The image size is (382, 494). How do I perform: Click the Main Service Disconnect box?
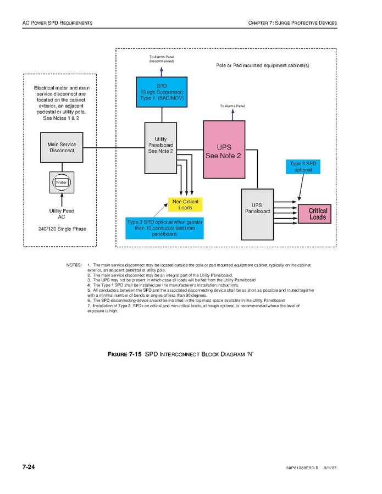click(x=62, y=147)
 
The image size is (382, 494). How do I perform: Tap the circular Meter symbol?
click(x=62, y=182)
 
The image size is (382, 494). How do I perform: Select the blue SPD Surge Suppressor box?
click(x=162, y=92)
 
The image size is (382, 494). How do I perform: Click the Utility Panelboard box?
click(x=160, y=147)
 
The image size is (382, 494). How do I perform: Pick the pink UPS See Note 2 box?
click(x=223, y=149)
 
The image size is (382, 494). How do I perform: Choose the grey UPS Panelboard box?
click(x=257, y=214)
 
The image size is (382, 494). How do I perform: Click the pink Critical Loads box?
click(x=317, y=214)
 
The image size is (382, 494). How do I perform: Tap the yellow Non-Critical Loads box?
click(x=185, y=204)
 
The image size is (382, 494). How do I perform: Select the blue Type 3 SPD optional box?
click(x=303, y=166)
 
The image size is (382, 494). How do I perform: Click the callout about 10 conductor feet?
click(x=164, y=227)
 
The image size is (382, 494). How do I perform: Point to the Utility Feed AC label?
click(x=62, y=214)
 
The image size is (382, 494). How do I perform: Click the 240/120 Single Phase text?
click(x=62, y=229)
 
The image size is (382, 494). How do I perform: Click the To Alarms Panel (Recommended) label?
click(x=162, y=59)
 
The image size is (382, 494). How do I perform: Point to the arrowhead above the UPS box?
click(x=232, y=111)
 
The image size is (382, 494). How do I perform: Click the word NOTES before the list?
click(x=74, y=265)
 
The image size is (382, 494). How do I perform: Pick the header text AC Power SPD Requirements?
click(x=57, y=23)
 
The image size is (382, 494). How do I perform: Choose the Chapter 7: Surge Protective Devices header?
click(x=292, y=23)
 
